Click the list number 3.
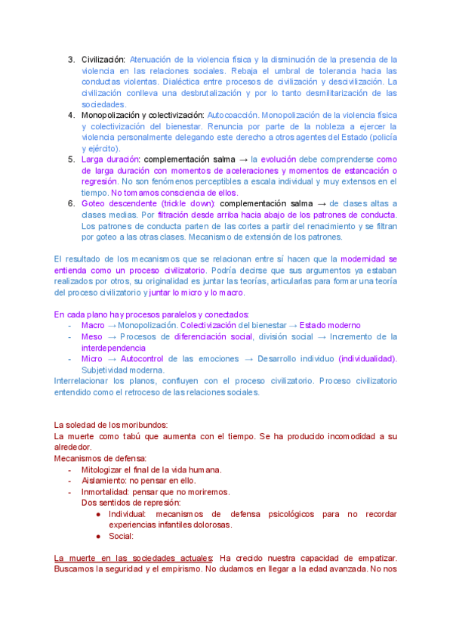[x=71, y=59]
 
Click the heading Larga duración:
[x=111, y=159]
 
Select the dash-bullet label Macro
[x=92, y=325]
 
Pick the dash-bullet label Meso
[x=92, y=336]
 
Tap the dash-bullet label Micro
[x=91, y=358]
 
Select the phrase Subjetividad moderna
[x=122, y=370]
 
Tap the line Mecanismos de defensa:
[x=100, y=458]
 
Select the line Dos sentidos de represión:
[x=131, y=503]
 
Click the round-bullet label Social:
[x=122, y=536]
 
